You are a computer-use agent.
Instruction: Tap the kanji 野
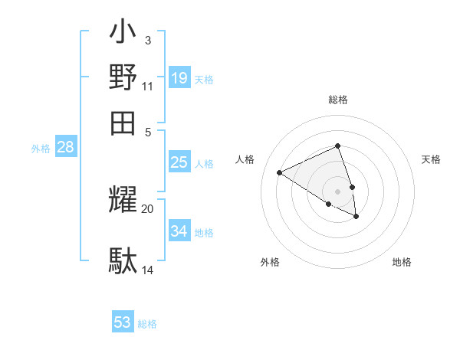[x=123, y=77]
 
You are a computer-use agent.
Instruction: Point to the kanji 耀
[x=123, y=201]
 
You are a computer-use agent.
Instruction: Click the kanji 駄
[x=123, y=260]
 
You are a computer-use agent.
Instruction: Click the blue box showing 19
[x=179, y=78]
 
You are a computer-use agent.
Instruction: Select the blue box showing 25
[x=179, y=162]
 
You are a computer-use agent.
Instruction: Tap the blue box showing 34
[x=179, y=231]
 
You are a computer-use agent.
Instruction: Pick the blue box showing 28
[x=66, y=148]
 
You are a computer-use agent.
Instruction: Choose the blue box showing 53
[x=123, y=322]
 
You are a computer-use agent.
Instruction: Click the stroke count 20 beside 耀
[x=148, y=208]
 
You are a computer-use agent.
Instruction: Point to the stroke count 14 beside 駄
[x=148, y=270]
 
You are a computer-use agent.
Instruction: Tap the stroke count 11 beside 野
[x=148, y=87]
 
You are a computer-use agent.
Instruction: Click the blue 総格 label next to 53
[x=147, y=324]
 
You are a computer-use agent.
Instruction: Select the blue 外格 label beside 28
[x=40, y=149]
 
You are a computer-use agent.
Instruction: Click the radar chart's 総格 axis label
[x=337, y=100]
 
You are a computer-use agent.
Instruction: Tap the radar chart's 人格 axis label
[x=245, y=159]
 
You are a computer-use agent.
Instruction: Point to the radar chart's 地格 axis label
[x=402, y=262]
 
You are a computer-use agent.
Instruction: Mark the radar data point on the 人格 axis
[x=280, y=173]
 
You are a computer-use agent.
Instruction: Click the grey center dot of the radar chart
[x=337, y=191]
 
